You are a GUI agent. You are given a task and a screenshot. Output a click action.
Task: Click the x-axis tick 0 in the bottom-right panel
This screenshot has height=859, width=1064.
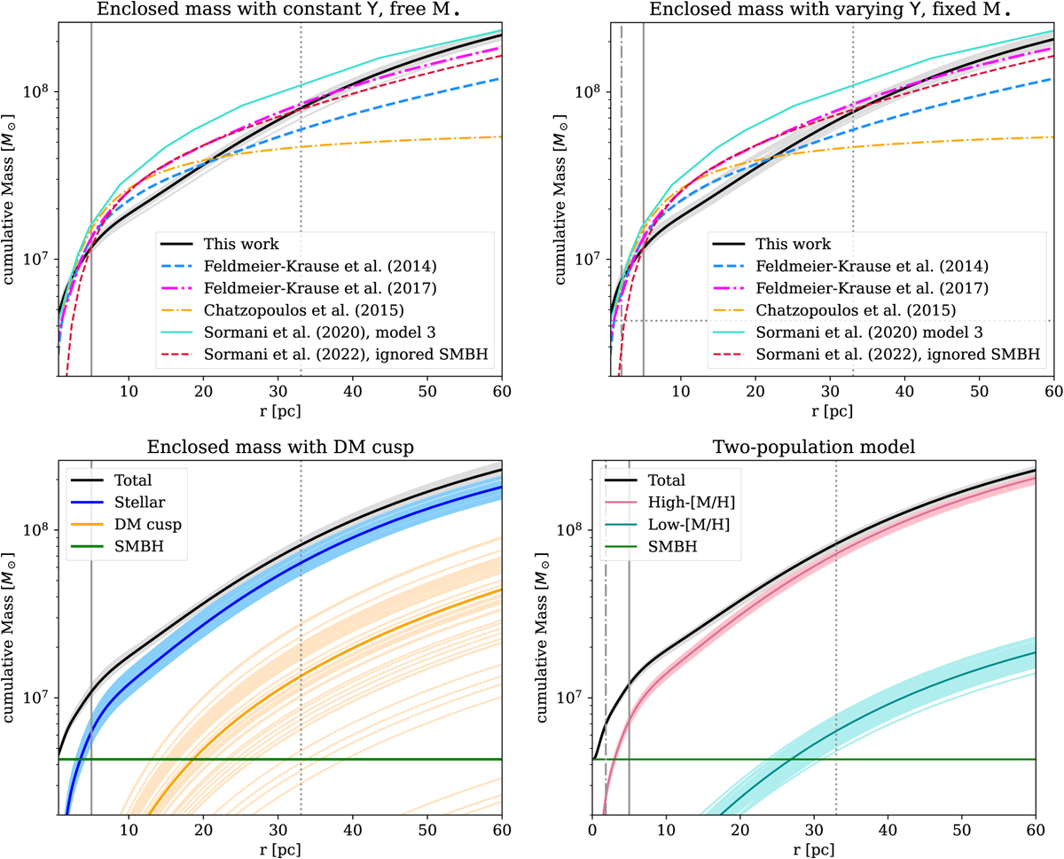[x=591, y=832]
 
